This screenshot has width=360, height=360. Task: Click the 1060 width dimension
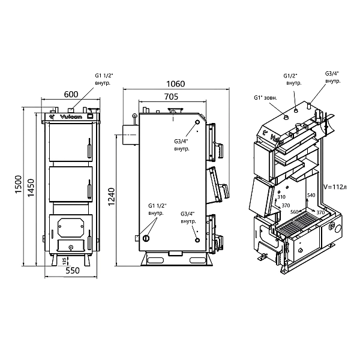coord(176,84)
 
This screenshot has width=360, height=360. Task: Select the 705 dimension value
coord(171,97)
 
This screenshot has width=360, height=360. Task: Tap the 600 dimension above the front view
coord(71,94)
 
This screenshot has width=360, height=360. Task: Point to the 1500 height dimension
coord(19,184)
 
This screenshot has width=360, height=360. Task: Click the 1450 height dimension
coord(31,188)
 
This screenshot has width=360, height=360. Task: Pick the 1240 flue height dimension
coord(112,197)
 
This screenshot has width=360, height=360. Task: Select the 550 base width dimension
coord(73,271)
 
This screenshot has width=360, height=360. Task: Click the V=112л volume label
coord(335,187)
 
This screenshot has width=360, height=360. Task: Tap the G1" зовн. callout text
coord(265,98)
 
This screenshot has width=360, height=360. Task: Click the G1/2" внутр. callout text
coord(292,79)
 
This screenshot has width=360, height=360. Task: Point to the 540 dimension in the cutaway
coord(311,195)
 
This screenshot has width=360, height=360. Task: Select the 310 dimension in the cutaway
coord(281,197)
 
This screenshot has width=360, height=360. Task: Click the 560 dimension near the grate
coord(295,212)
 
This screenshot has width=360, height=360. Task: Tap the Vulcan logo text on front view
coord(71,117)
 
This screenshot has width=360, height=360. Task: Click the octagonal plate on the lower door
coord(70,227)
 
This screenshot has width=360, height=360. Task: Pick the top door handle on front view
coord(89,148)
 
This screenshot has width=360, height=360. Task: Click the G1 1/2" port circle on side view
coord(146,238)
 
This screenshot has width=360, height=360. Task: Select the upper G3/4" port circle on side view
coord(197,122)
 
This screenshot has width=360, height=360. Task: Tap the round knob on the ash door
coord(71,247)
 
